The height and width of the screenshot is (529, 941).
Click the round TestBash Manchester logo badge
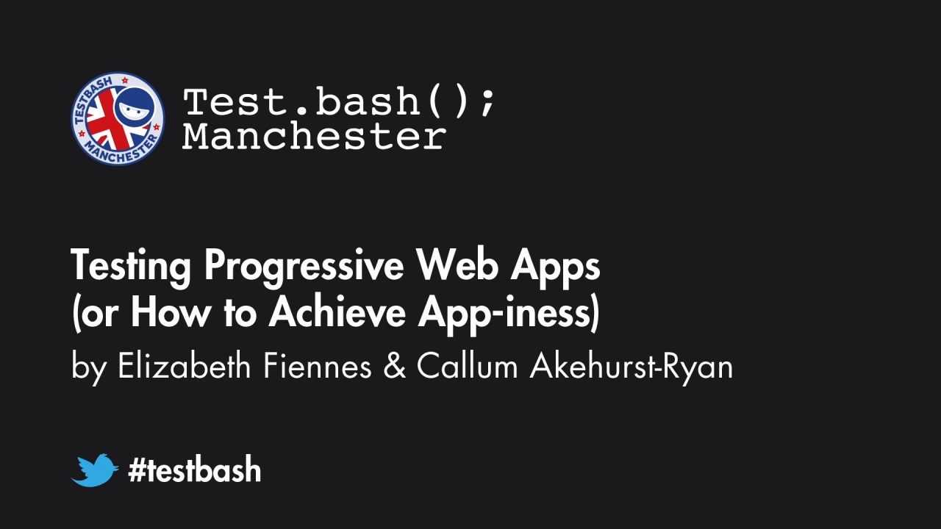[x=118, y=118]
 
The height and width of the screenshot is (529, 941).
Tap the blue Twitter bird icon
[x=95, y=470]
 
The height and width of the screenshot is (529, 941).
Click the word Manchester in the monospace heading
[x=314, y=137]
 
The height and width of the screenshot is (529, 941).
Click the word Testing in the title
[x=131, y=266]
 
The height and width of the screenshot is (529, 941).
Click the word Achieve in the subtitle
[x=337, y=312]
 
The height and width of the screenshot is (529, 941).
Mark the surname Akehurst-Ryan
[x=631, y=366]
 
